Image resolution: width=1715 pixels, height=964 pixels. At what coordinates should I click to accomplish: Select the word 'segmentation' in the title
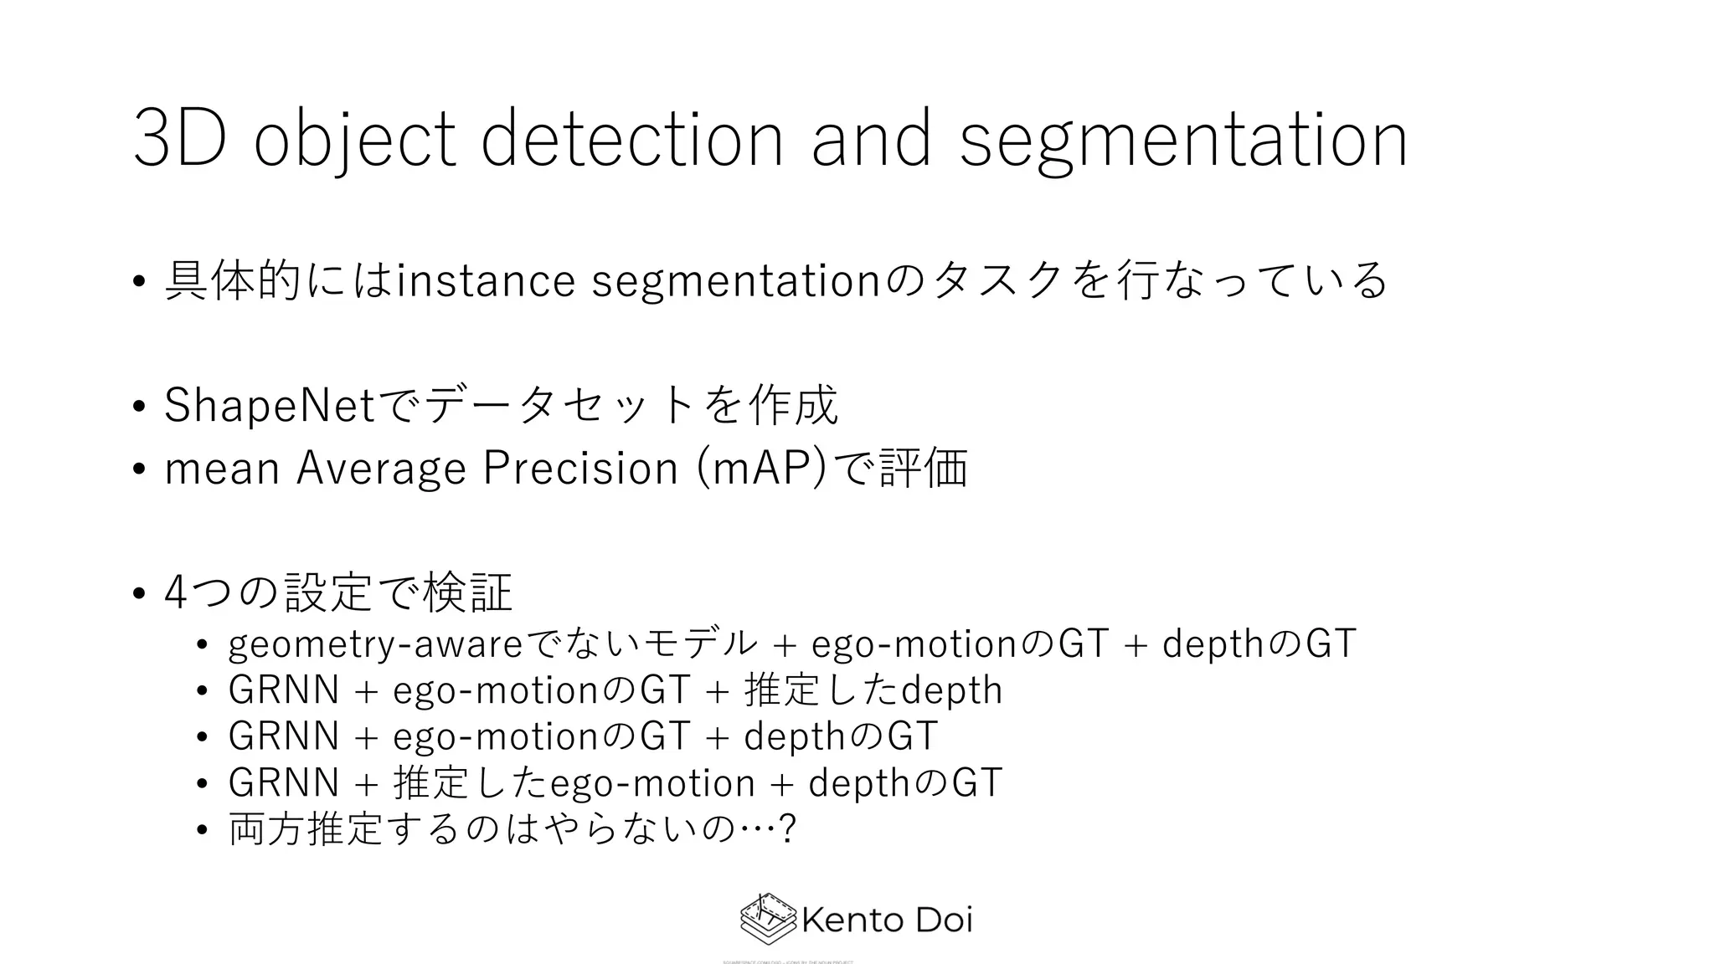click(1182, 139)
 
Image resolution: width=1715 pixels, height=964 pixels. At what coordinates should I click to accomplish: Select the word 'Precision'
click(580, 468)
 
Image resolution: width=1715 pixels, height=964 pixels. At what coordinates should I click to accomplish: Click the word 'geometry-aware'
click(375, 644)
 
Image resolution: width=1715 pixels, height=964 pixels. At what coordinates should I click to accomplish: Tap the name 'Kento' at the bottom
click(851, 920)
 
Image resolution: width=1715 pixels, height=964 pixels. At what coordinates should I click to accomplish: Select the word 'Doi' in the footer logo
click(944, 920)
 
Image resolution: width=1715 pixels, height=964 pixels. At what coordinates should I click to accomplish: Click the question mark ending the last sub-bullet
click(786, 829)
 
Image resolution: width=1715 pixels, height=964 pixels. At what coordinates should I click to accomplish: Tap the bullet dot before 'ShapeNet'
click(139, 408)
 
